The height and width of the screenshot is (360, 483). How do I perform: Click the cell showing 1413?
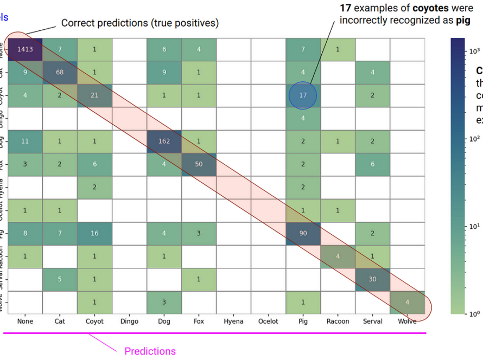point(25,49)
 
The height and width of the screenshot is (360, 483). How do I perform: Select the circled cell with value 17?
point(303,95)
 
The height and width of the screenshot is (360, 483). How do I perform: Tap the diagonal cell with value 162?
point(164,142)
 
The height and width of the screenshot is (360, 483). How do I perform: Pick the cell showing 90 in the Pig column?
point(303,234)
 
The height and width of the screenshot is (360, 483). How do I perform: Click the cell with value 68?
point(60,72)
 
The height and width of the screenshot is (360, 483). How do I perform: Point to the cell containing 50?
point(199,164)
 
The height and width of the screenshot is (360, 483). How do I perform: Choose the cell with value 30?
point(372,280)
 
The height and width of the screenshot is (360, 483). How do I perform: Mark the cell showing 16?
point(94,234)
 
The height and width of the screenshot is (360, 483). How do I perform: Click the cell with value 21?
point(94,95)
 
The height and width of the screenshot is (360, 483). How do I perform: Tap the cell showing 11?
point(25,142)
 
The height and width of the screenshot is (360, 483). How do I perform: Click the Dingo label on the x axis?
point(129,321)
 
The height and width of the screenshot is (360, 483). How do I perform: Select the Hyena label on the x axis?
point(233,321)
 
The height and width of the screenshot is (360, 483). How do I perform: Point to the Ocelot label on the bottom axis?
point(268,321)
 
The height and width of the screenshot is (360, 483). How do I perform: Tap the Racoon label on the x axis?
point(338,321)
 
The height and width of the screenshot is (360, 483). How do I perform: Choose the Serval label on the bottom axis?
point(372,321)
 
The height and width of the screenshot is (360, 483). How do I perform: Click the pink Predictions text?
point(150,351)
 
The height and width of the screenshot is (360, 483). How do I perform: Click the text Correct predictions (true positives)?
point(139,23)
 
